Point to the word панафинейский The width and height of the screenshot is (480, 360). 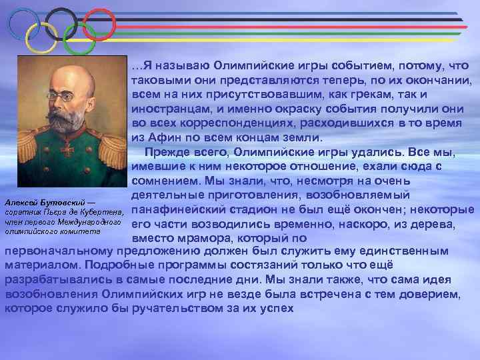tap(180, 211)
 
